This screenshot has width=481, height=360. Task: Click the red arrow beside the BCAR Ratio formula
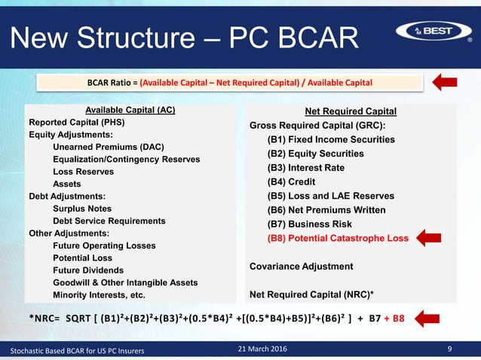(x=447, y=82)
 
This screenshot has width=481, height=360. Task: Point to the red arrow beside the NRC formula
(x=431, y=318)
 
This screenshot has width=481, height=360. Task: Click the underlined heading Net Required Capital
(x=354, y=111)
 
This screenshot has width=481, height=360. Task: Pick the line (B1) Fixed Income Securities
(x=331, y=139)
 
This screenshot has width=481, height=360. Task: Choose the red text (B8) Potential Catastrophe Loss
(x=338, y=238)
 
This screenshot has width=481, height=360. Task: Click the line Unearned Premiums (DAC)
(x=109, y=147)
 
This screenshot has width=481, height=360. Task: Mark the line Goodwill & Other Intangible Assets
(x=125, y=282)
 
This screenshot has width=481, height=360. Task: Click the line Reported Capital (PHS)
(x=76, y=123)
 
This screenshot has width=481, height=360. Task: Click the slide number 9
(x=449, y=349)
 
